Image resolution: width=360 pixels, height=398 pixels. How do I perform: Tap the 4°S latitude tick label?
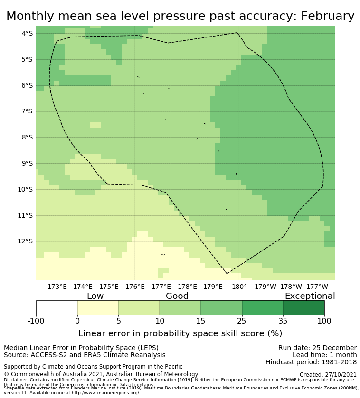click(27, 33)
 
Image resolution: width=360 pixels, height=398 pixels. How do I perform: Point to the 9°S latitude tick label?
click(27, 163)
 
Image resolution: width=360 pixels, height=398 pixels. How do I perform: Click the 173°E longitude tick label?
click(57, 287)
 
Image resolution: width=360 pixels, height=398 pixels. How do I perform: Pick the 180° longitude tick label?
click(239, 287)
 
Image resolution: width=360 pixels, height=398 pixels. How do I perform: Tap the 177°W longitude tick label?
click(317, 287)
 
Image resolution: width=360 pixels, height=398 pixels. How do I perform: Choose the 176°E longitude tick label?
click(135, 287)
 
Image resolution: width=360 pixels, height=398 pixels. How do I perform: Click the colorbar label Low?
click(95, 296)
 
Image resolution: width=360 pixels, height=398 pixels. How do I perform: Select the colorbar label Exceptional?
click(310, 296)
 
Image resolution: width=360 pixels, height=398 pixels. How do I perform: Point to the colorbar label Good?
click(177, 296)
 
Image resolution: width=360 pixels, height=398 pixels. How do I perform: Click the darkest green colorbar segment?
click(303, 307)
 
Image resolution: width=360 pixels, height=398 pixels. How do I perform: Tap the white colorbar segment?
click(57, 307)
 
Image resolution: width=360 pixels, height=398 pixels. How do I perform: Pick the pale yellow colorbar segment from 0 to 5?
click(98, 307)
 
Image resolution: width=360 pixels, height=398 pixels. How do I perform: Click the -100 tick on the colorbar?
click(36, 321)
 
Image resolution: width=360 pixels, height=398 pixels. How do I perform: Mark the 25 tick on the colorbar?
click(242, 321)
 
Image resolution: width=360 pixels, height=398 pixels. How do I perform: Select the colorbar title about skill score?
click(180, 333)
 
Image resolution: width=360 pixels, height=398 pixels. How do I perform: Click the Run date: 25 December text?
click(317, 348)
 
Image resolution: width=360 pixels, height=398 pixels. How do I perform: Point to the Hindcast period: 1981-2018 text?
click(311, 362)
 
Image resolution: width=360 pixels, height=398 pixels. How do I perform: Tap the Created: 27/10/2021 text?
click(328, 375)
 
